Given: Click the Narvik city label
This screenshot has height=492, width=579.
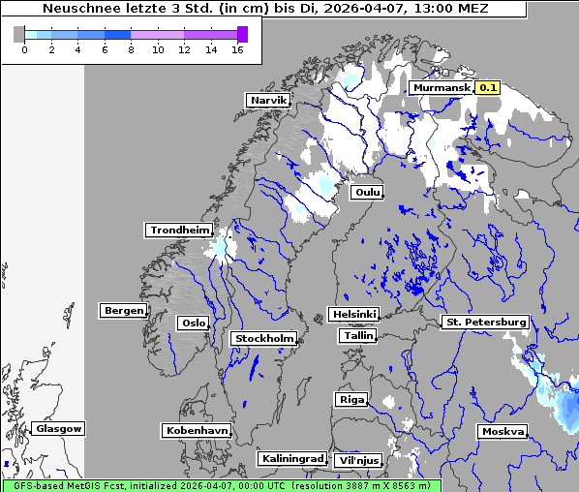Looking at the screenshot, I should pyautogui.click(x=268, y=100).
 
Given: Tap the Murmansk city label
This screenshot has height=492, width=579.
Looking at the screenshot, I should pyautogui.click(x=442, y=87).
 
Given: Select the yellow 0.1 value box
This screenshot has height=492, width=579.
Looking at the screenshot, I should pyautogui.click(x=487, y=87).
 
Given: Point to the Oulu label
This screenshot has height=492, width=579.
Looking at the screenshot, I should pyautogui.click(x=367, y=192).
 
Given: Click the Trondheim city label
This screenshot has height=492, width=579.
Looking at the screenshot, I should pyautogui.click(x=179, y=230).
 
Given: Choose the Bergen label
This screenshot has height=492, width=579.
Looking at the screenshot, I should pyautogui.click(x=123, y=311).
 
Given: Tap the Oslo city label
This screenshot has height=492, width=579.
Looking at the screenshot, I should pyautogui.click(x=192, y=323).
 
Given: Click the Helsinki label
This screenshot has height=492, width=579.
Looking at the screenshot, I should pyautogui.click(x=353, y=314).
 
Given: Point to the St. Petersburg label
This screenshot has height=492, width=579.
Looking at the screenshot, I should pyautogui.click(x=484, y=322).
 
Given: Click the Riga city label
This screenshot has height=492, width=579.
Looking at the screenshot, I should pyautogui.click(x=350, y=399).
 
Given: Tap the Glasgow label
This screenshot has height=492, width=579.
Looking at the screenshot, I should pyautogui.click(x=58, y=428).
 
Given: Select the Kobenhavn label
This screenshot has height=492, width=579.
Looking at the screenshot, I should pyautogui.click(x=197, y=429).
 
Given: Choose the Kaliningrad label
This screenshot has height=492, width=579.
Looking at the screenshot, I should pyautogui.click(x=291, y=458).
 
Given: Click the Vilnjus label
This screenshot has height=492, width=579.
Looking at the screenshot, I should pyautogui.click(x=357, y=460).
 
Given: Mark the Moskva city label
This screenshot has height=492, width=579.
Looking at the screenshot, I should pyautogui.click(x=503, y=431).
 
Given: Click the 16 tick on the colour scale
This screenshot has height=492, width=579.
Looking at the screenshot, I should pyautogui.click(x=237, y=48).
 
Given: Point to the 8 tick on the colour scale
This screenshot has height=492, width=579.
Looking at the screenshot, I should pyautogui.click(x=131, y=48).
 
